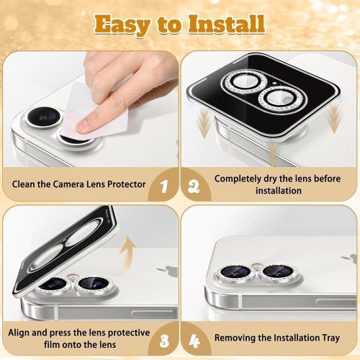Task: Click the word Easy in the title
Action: (x=122, y=24)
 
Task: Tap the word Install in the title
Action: (x=226, y=24)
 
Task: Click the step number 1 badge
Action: (x=164, y=186)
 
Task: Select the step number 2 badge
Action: (x=194, y=186)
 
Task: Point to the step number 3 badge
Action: (x=164, y=341)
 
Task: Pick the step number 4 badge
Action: (x=194, y=341)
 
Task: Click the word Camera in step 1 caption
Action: (x=68, y=184)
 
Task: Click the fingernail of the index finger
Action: (x=82, y=125)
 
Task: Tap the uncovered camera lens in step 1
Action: (x=44, y=117)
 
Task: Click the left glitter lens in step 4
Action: (x=235, y=272)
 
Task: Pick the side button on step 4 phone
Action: (x=336, y=303)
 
